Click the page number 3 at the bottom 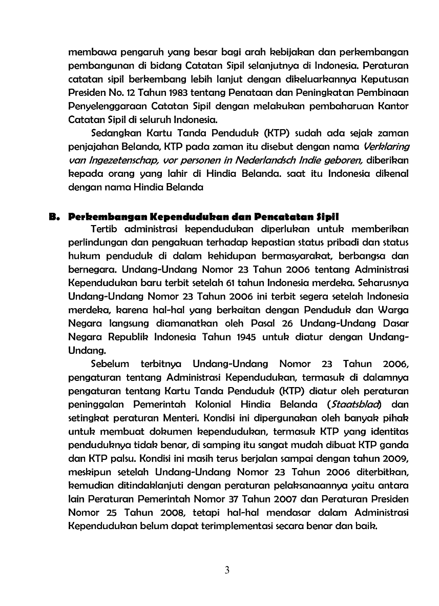click(227, 571)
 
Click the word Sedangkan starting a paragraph click(115, 134)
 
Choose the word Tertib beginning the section click(103, 229)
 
